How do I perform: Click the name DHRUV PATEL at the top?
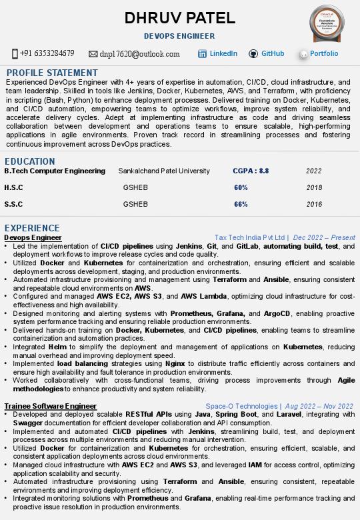click(179, 18)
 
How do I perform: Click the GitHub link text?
click(273, 53)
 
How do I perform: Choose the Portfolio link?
click(324, 53)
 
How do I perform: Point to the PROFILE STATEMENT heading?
click(52, 73)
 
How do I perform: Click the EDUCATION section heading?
click(30, 161)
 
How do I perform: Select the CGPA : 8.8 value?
click(251, 171)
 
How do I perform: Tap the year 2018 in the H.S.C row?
click(314, 188)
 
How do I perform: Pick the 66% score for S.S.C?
click(241, 205)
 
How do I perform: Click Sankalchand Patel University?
click(164, 171)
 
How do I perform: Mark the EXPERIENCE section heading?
click(32, 228)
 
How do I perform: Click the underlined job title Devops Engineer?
click(33, 237)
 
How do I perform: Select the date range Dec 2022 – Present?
click(324, 237)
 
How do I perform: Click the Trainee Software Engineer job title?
click(50, 406)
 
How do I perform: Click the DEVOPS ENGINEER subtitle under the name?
click(179, 36)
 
